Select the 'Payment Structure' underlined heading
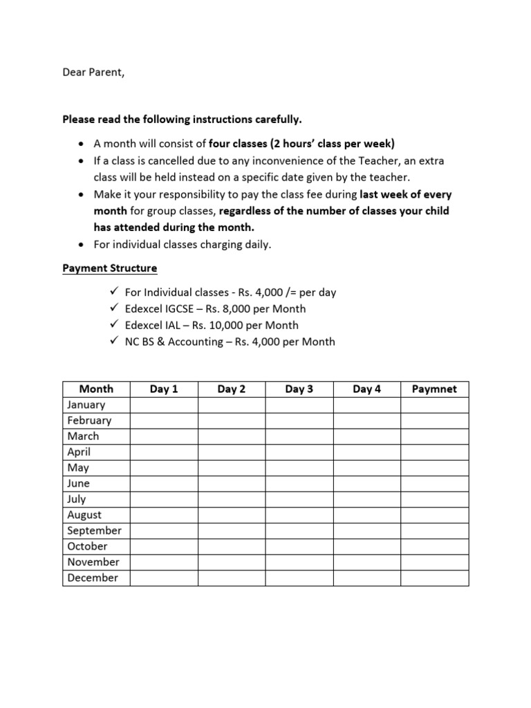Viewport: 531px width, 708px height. pyautogui.click(x=110, y=268)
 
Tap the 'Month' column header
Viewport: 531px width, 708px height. pyautogui.click(x=96, y=389)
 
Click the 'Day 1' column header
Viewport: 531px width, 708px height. pyautogui.click(x=164, y=389)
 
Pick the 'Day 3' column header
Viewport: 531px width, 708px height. pyautogui.click(x=299, y=389)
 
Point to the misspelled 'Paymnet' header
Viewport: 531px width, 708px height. pyautogui.click(x=434, y=389)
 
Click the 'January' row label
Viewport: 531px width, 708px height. pyautogui.click(x=86, y=405)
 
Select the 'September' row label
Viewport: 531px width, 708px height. pyautogui.click(x=94, y=531)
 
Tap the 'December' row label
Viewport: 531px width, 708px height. pyautogui.click(x=93, y=578)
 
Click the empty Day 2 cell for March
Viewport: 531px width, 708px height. pyautogui.click(x=232, y=436)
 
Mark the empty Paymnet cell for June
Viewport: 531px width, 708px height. pyautogui.click(x=434, y=484)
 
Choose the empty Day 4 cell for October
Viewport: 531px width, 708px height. pyautogui.click(x=366, y=546)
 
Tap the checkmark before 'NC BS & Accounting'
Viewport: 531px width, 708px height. pyautogui.click(x=115, y=341)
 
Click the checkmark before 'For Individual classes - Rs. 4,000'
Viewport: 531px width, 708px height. pyautogui.click(x=115, y=292)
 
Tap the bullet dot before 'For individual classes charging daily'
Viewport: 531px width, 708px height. pyautogui.click(x=82, y=243)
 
